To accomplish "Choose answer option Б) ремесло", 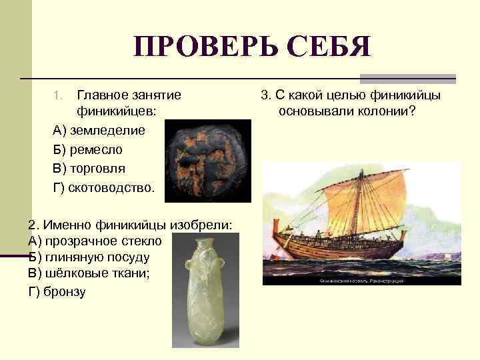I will [x=87, y=149].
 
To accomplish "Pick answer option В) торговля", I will [x=89, y=168].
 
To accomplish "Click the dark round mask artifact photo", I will [x=207, y=160].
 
